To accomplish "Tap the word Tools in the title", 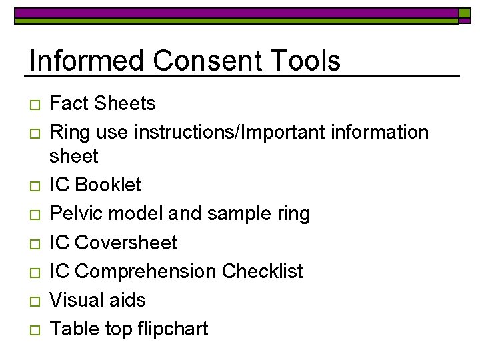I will (x=305, y=61).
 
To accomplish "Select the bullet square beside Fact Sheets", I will (x=35, y=105).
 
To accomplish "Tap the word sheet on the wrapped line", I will (x=73, y=157).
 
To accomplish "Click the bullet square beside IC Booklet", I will (x=35, y=186).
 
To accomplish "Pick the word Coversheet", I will (x=127, y=243).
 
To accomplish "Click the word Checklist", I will (x=262, y=271).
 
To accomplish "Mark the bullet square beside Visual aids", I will (x=35, y=301).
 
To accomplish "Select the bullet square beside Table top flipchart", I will (x=35, y=329).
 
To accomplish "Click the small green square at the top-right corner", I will (x=465, y=15).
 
